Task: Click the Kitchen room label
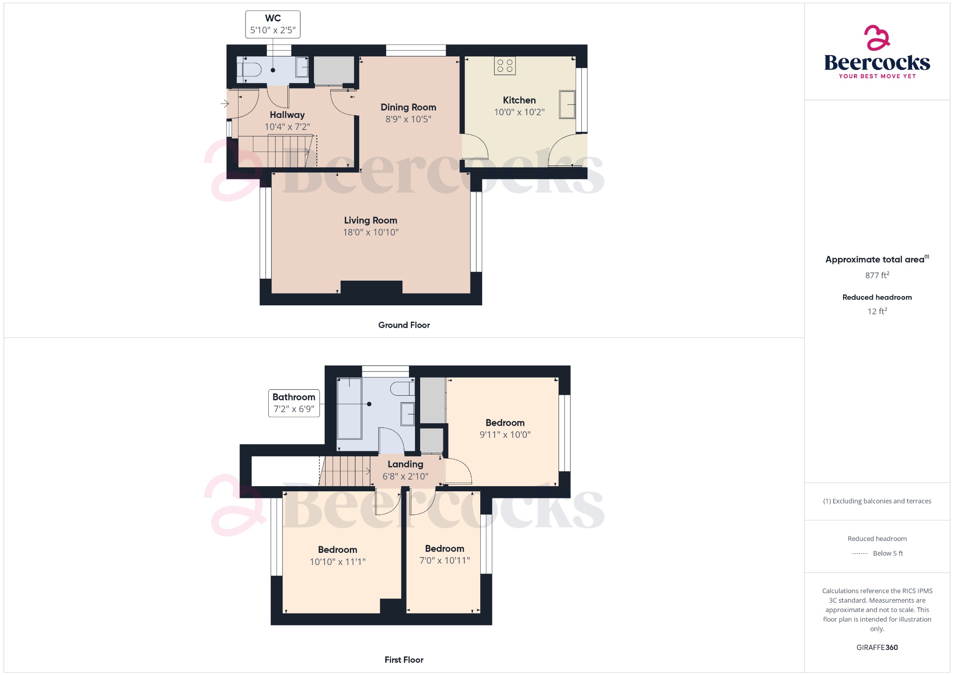click(x=519, y=100)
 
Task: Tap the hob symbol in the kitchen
click(x=505, y=66)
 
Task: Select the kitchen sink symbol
click(x=567, y=104)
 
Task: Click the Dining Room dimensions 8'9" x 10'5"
click(x=408, y=119)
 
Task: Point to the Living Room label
click(x=370, y=220)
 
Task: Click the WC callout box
click(x=273, y=24)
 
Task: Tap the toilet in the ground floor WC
click(x=250, y=70)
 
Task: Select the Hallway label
click(x=287, y=115)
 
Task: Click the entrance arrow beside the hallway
click(x=225, y=103)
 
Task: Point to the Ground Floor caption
click(x=404, y=325)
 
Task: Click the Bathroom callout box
click(x=294, y=403)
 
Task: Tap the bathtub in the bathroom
click(x=349, y=408)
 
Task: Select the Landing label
click(x=405, y=464)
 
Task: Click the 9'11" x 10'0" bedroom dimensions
click(x=505, y=435)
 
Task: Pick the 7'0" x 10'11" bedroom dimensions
click(x=444, y=561)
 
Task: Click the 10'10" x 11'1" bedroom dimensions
click(x=337, y=562)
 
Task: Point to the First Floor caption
click(x=404, y=660)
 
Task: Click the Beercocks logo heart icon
click(x=877, y=38)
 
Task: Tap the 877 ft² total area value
click(x=877, y=276)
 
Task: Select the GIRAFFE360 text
click(x=877, y=647)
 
